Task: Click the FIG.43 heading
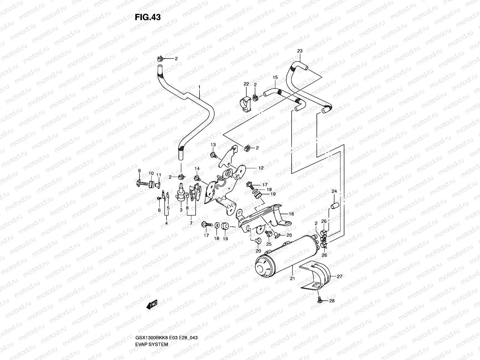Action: coord(148,17)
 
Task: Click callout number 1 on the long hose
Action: coord(199,87)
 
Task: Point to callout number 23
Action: coord(300,51)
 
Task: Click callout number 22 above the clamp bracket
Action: coord(246,84)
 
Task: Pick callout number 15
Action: coord(275,77)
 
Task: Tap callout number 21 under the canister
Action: coord(292,278)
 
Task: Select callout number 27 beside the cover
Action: coord(339,277)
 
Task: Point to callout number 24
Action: coord(334,191)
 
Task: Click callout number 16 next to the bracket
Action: coord(291,214)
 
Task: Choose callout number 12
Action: coord(261,168)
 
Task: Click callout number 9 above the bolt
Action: coord(139,171)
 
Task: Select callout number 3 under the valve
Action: coord(181,210)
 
